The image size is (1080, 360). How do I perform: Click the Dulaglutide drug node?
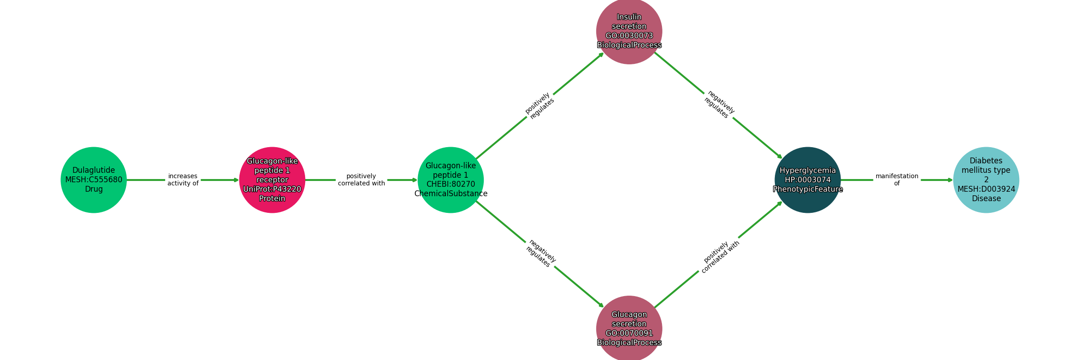click(94, 180)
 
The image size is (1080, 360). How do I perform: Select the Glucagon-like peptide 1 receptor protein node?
click(272, 180)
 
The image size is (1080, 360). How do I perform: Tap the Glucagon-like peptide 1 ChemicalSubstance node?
click(450, 180)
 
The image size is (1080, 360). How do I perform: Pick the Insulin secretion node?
click(629, 31)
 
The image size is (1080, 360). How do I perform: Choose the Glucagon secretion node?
click(629, 328)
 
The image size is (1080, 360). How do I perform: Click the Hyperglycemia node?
click(808, 180)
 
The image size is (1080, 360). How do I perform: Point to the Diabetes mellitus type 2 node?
click(986, 180)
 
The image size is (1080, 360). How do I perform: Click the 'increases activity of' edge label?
click(183, 180)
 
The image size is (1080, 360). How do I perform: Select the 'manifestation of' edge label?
click(897, 180)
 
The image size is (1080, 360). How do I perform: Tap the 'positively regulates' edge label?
click(540, 106)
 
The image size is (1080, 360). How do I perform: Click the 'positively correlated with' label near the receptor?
click(361, 180)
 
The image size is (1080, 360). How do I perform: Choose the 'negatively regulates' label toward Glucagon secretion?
click(540, 254)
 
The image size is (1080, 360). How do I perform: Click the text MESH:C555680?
click(94, 180)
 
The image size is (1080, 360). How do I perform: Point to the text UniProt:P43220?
click(272, 189)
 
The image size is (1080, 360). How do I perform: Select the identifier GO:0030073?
click(629, 36)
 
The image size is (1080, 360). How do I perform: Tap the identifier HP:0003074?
click(808, 180)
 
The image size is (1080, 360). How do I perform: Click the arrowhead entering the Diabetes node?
click(950, 180)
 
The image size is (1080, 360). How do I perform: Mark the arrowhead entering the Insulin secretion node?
click(601, 54)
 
